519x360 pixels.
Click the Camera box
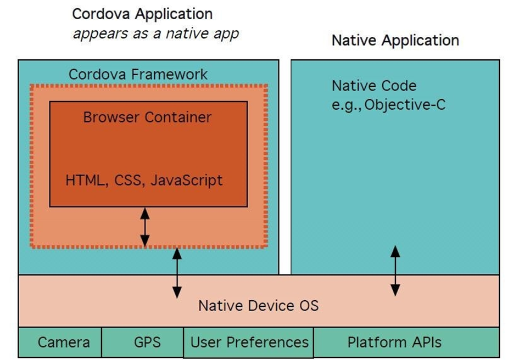64,342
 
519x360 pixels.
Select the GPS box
147,342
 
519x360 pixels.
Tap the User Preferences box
249,342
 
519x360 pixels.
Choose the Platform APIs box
394,342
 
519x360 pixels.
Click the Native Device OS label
258,305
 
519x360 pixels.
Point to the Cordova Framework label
138,74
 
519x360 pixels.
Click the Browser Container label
147,117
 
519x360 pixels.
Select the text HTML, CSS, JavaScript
144,180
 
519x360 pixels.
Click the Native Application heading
395,40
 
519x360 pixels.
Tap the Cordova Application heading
142,14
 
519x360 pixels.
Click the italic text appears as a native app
156,33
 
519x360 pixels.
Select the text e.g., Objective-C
388,104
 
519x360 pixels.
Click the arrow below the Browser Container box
144,227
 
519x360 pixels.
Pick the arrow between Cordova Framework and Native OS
176,273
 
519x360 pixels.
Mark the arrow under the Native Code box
395,271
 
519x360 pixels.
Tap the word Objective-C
405,104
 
